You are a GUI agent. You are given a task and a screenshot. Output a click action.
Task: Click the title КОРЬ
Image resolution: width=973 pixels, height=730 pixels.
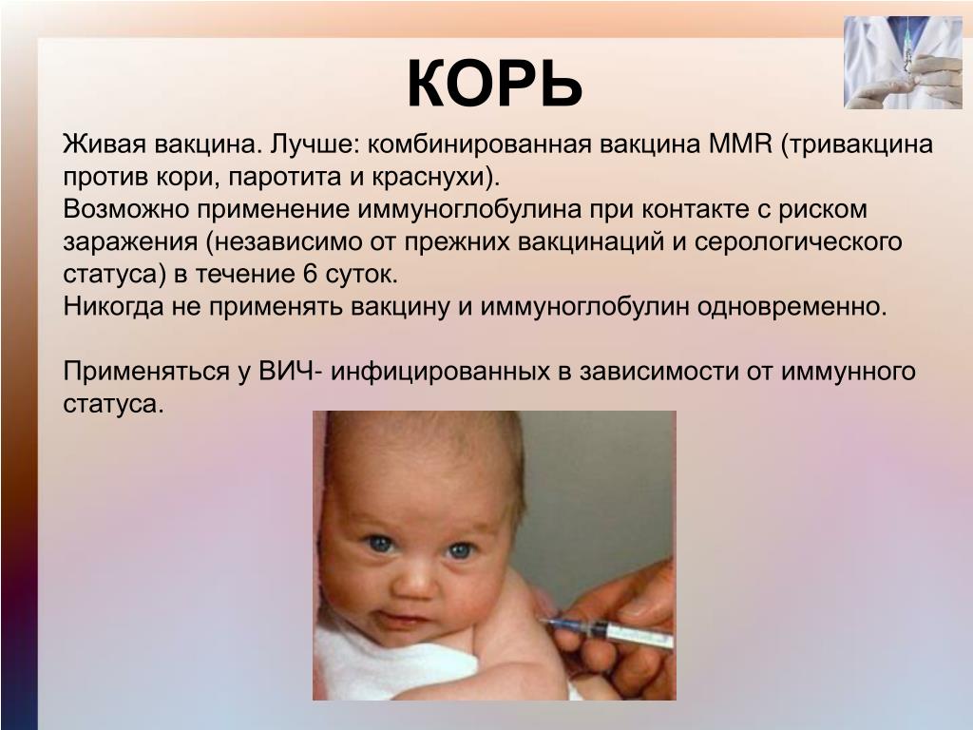[494, 85]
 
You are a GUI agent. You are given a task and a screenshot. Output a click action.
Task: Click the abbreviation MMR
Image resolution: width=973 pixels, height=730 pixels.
[739, 144]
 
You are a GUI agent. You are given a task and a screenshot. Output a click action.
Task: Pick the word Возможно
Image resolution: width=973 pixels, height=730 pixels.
[126, 209]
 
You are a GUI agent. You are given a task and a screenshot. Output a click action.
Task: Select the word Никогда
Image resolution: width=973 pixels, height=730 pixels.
[114, 307]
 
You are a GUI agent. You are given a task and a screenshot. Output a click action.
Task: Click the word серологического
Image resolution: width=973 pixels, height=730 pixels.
[798, 241]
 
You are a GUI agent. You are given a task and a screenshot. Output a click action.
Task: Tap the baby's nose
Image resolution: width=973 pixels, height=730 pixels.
[415, 581]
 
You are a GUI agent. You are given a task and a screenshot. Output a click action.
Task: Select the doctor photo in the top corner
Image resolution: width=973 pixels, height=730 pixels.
[903, 63]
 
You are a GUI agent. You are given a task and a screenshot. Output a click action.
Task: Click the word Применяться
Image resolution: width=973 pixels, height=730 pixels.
[145, 372]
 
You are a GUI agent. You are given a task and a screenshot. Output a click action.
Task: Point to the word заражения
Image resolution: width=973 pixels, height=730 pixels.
[130, 241]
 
